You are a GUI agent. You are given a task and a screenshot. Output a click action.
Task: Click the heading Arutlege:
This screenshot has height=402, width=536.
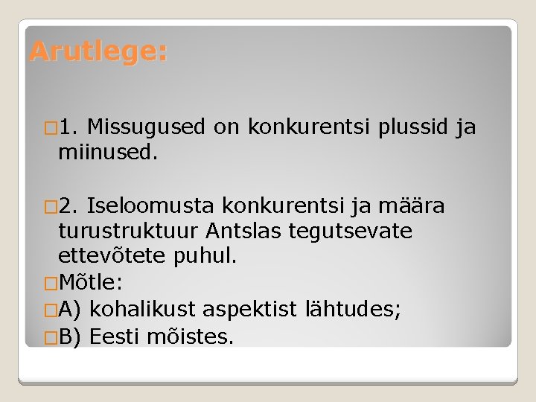coord(98,52)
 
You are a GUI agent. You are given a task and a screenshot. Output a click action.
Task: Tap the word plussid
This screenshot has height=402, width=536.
coord(413,127)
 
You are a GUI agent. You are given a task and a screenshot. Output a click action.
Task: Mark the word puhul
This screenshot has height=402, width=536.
coord(204,256)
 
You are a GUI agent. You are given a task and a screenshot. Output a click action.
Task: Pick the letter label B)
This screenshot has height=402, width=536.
coord(72,336)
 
